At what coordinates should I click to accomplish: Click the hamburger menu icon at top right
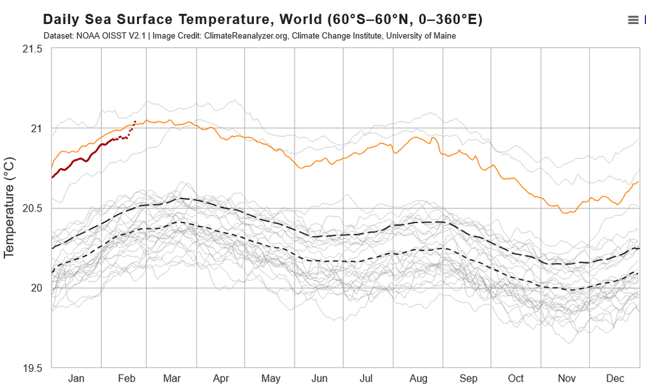point(633,20)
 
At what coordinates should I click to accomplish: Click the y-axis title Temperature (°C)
point(9,207)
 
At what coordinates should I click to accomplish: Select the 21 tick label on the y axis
point(36,128)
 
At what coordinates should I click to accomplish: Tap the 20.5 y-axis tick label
point(32,208)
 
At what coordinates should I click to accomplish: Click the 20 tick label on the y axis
point(36,288)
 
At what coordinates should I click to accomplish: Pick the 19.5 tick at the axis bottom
point(32,367)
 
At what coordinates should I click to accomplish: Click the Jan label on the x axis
point(76,378)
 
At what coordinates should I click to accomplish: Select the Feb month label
point(127,378)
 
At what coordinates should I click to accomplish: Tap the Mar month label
point(172,378)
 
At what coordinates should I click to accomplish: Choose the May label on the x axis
point(271,378)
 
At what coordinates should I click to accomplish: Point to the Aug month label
point(419,378)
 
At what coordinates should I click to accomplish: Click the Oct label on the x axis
point(516,378)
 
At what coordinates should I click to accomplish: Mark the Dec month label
point(614,378)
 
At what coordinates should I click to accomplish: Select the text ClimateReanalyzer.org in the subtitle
point(246,36)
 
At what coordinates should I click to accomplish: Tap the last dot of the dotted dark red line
point(135,122)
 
